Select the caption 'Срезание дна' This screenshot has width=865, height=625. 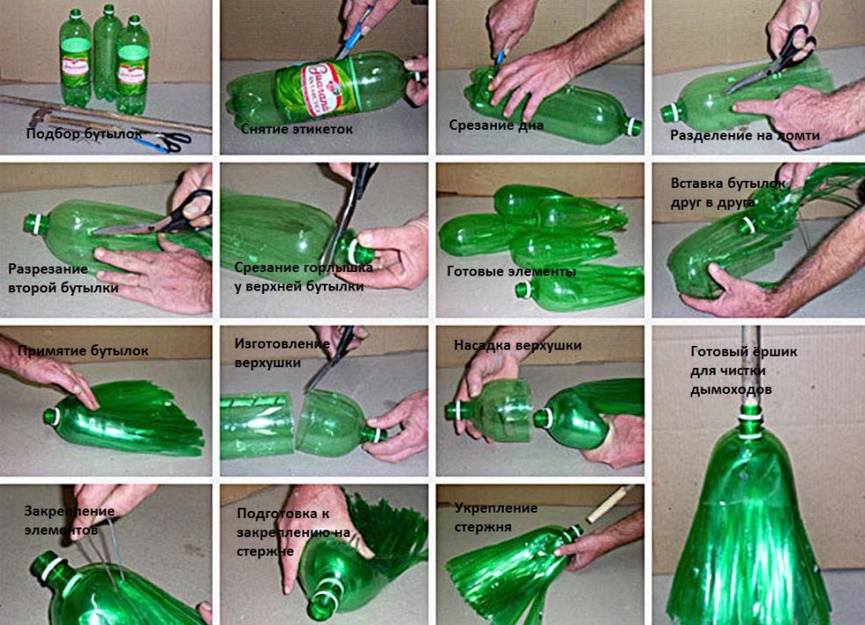[496, 126]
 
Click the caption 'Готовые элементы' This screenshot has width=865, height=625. [511, 271]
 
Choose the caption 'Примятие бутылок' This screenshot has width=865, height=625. [83, 350]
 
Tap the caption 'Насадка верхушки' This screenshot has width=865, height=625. [517, 345]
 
